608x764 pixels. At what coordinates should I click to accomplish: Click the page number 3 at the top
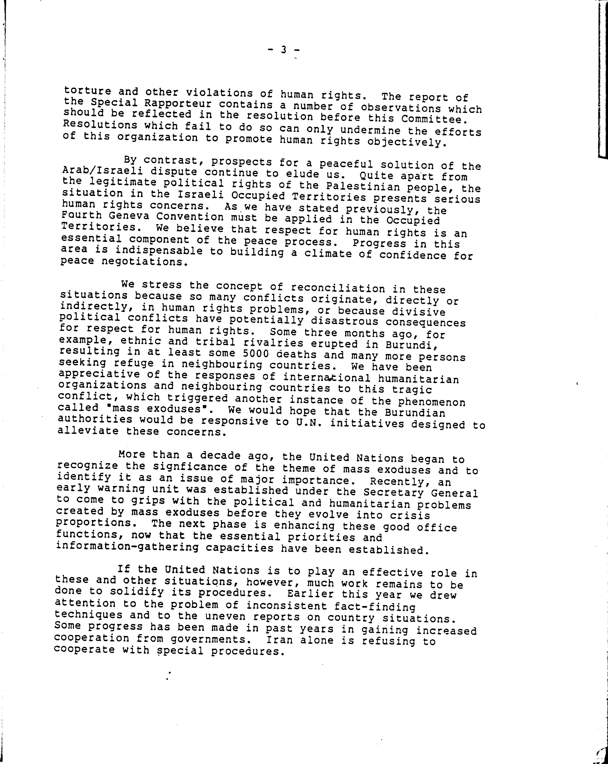[283, 50]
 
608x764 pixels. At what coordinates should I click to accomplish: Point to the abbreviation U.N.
[309, 423]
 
